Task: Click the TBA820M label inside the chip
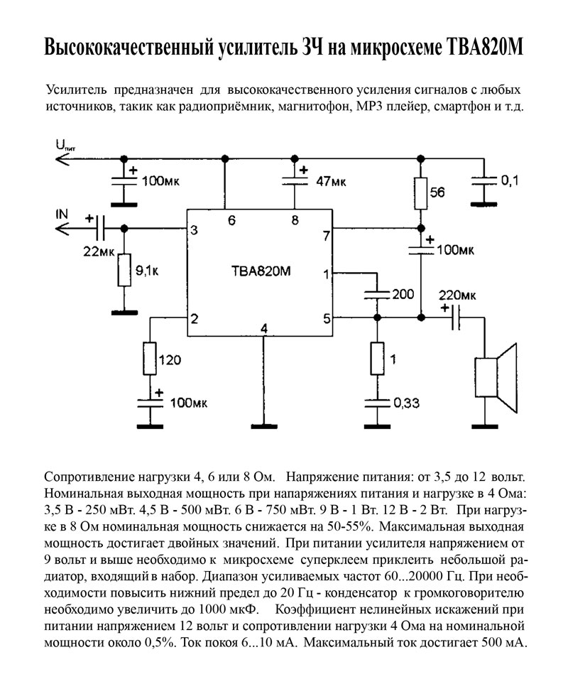tap(261, 271)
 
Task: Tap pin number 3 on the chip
tap(194, 230)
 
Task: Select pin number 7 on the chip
tap(326, 236)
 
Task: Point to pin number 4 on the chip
tap(263, 328)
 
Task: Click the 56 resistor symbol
tap(420, 193)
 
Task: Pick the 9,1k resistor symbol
tap(124, 270)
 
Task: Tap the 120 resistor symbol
tap(150, 359)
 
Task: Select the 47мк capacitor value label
tap(331, 181)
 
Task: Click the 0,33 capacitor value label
tap(406, 403)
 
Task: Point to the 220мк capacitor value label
tap(457, 295)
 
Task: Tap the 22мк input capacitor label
tap(99, 251)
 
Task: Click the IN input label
tap(62, 214)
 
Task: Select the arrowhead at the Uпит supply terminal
tap(62, 158)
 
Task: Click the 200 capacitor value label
tap(403, 294)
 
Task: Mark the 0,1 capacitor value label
tap(510, 180)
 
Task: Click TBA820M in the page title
tap(484, 48)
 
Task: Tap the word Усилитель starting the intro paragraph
tap(77, 90)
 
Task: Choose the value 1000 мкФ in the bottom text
tap(229, 609)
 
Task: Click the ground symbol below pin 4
tap(264, 425)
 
